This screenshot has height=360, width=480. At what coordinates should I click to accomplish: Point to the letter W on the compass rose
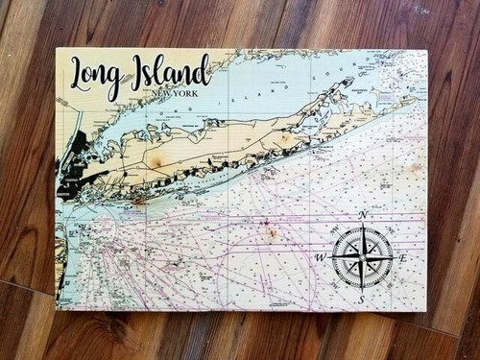(x=320, y=257)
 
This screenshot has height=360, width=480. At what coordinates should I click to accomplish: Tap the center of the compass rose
(x=362, y=257)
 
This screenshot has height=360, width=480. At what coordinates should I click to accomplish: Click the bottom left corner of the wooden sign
(x=57, y=309)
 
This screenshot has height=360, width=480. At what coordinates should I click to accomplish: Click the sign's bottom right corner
(x=426, y=312)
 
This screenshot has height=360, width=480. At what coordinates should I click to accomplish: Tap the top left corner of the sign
(x=56, y=48)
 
